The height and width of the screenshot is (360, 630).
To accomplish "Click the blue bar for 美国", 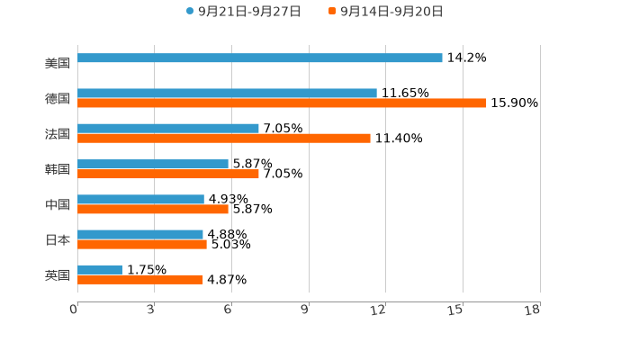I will pos(260,58).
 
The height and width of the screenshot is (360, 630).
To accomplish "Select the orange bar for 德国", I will pos(282,103).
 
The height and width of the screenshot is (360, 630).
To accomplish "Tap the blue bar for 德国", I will pos(227,93).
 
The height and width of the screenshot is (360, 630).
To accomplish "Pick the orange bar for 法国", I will pos(224,138).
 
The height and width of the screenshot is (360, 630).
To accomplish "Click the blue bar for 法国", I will pos(168,128).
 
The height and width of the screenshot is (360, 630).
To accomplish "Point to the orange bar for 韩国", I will pos(168,174).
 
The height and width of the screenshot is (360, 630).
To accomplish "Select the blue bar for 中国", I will pos(140,199).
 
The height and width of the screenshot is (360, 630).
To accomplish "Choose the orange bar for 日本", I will pos(142,244).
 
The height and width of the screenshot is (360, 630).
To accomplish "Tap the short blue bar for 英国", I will pos(100,269).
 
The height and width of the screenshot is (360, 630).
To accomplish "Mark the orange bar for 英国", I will pos(140,279).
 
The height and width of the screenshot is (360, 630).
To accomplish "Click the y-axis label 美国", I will pos(58,63).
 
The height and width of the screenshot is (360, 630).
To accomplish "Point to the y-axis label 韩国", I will pos(58,169).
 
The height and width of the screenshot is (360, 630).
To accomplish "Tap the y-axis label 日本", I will pos(58,239).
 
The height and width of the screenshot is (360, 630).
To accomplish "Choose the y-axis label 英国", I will pos(58,274).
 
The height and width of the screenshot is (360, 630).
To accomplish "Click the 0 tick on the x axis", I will pos(75,310).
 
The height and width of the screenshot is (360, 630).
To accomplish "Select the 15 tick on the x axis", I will pos(457,310).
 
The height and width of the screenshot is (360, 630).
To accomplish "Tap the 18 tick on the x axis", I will pos(534,310).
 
